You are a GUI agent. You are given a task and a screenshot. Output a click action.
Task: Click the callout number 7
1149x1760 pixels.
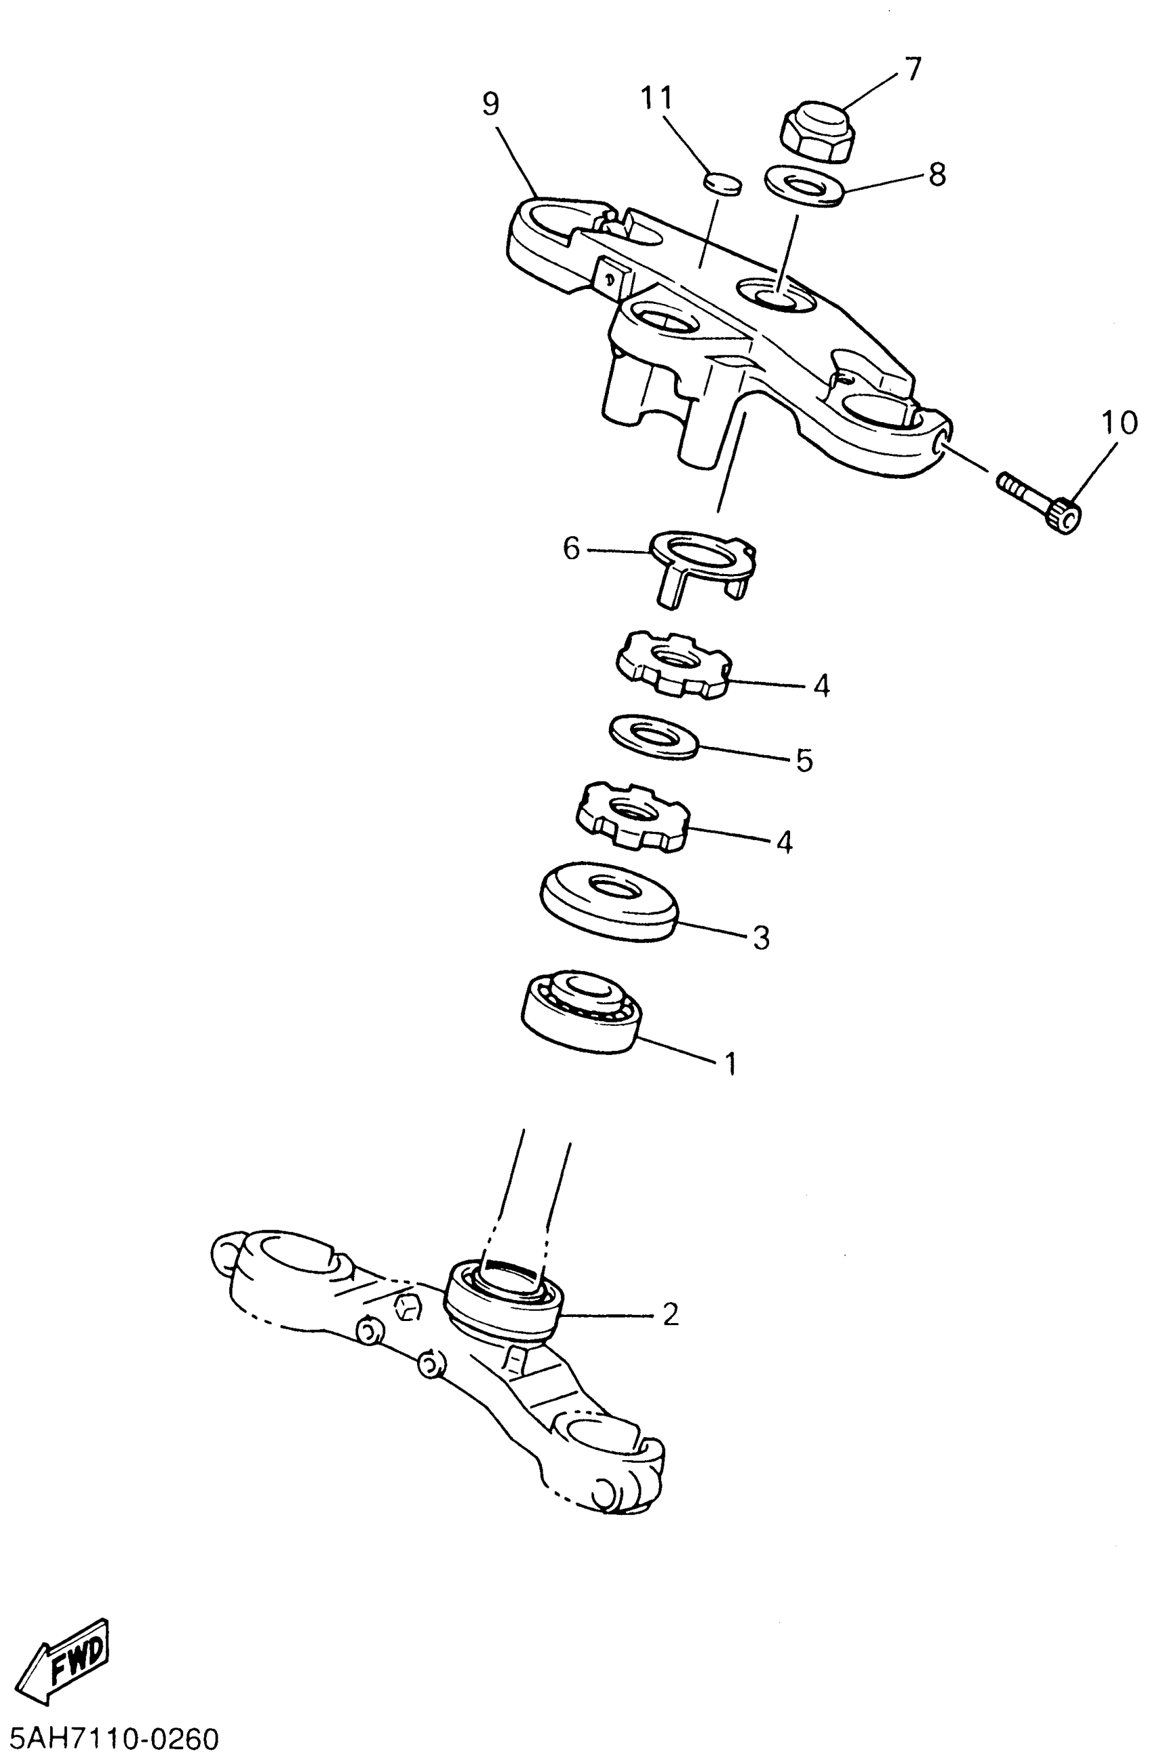click(912, 69)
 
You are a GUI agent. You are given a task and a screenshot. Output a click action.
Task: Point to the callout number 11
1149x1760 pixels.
click(656, 98)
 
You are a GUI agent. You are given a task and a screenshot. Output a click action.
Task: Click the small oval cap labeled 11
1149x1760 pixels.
click(722, 182)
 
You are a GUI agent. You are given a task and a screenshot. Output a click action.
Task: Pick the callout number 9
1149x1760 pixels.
click(491, 104)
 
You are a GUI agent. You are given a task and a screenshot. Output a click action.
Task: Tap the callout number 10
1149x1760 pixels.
click(1119, 423)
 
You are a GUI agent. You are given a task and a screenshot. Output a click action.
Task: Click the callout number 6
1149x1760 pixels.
click(571, 548)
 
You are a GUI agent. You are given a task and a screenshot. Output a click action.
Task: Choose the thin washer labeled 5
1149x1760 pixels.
click(654, 735)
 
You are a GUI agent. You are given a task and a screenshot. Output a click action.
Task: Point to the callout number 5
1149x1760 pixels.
click(804, 760)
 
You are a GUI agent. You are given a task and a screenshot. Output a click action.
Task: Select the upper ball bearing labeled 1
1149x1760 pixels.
click(581, 1010)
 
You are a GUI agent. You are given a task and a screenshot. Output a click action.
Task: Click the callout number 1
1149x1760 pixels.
click(730, 1064)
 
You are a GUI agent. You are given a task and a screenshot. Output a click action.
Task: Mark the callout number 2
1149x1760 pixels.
click(670, 1314)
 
